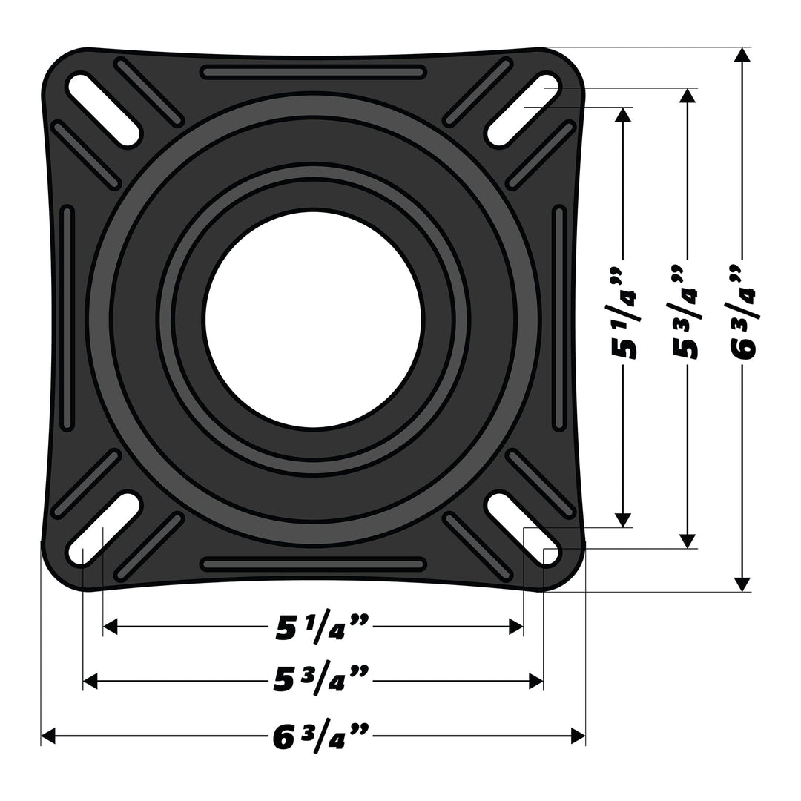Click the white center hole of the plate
[313, 320]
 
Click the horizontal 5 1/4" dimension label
[319, 627]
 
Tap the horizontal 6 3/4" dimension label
[319, 736]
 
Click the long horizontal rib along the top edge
[313, 72]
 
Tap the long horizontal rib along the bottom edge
[313, 565]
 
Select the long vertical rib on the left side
[67, 319]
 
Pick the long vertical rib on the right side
[559, 319]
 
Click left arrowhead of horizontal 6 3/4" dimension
[47, 736]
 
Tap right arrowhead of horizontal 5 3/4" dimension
[535, 681]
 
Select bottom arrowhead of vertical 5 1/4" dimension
[623, 520]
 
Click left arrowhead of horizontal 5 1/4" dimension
[111, 627]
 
